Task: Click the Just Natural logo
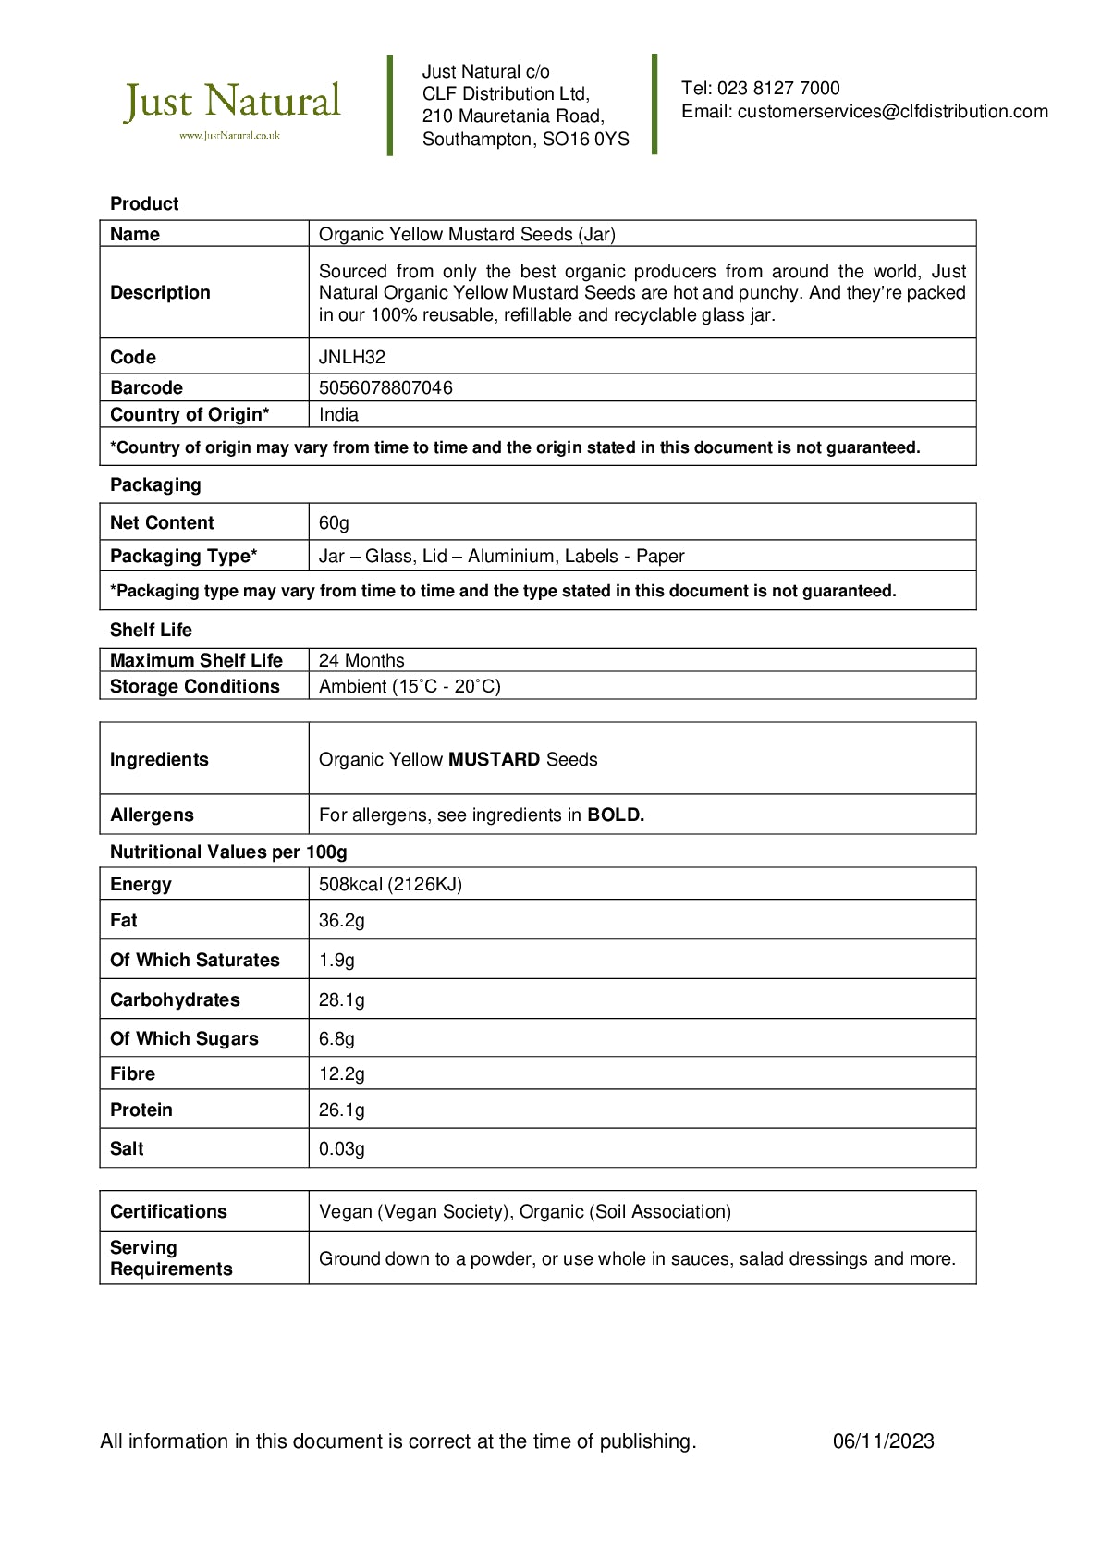[x=232, y=106]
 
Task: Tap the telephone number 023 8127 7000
[x=778, y=89]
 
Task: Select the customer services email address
[x=892, y=112]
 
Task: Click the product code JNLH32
[x=352, y=357]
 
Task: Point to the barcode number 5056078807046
[x=385, y=387]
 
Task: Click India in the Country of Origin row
[x=338, y=414]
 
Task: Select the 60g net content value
[x=334, y=522]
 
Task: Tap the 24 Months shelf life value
[x=361, y=660]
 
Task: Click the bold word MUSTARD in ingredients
[x=494, y=759]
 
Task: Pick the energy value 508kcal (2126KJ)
[x=390, y=884]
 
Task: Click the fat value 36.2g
[x=342, y=920]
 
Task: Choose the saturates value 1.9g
[x=336, y=960]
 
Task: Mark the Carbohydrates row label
[x=175, y=999]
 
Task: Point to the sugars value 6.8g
[x=336, y=1038]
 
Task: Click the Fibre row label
[x=132, y=1073]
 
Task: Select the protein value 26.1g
[x=342, y=1110]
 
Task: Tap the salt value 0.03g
[x=342, y=1148]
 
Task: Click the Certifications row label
[x=168, y=1211]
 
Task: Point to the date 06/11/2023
[x=883, y=1441]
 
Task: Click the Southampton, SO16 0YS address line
[x=525, y=140]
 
